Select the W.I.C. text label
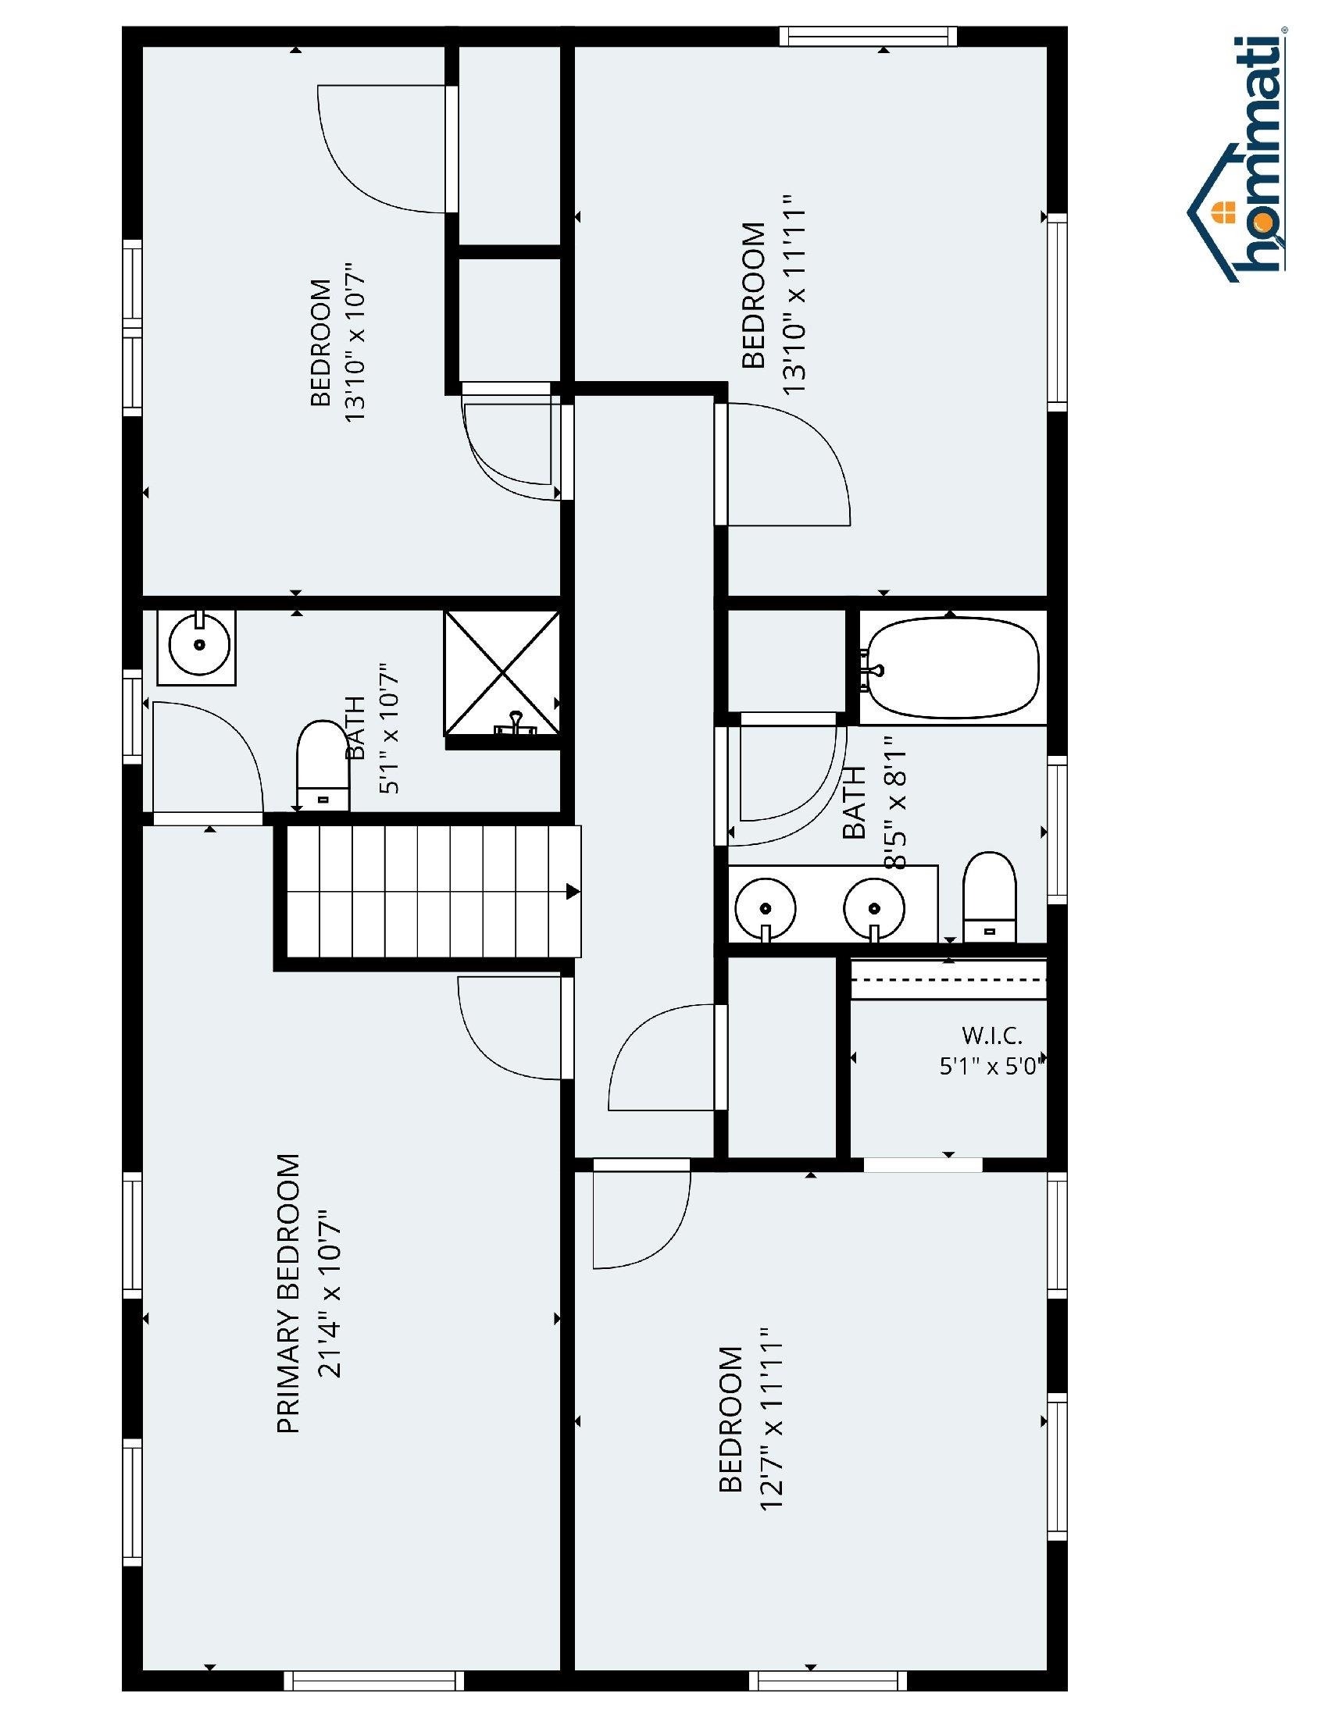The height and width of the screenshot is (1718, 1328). click(x=992, y=1035)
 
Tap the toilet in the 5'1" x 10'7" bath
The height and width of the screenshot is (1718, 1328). click(x=323, y=765)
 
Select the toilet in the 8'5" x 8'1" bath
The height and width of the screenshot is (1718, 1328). click(x=990, y=896)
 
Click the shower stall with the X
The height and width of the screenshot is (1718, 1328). click(x=502, y=673)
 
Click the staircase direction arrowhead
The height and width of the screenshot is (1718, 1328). click(x=573, y=892)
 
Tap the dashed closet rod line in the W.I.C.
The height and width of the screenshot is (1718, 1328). click(x=949, y=980)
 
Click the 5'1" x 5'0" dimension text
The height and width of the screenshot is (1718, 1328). click(x=991, y=1066)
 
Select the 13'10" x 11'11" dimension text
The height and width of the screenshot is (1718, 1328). click(x=794, y=295)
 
